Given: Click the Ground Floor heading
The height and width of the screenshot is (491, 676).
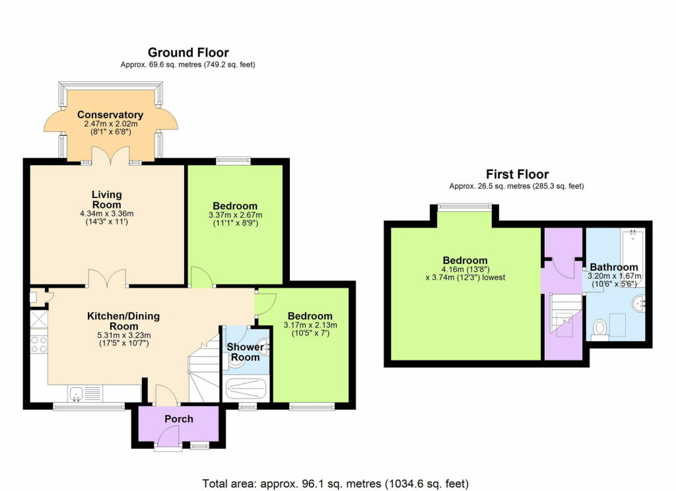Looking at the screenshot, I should coord(187,52).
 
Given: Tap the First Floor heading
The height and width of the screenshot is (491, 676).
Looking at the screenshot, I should coord(517,174).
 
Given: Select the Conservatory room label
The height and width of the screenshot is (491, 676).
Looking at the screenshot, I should coord(110,115).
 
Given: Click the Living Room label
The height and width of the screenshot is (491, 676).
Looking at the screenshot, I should coord(106,199).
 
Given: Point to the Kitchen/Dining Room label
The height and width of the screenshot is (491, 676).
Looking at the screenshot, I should coord(123,321).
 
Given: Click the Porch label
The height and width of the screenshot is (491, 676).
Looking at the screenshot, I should coord(178,418).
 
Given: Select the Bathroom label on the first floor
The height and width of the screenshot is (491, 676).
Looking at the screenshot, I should coord(614,267).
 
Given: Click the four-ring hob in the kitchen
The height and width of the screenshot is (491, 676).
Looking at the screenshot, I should coord(38,345).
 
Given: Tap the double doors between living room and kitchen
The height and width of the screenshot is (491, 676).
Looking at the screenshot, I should coord(107,278).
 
